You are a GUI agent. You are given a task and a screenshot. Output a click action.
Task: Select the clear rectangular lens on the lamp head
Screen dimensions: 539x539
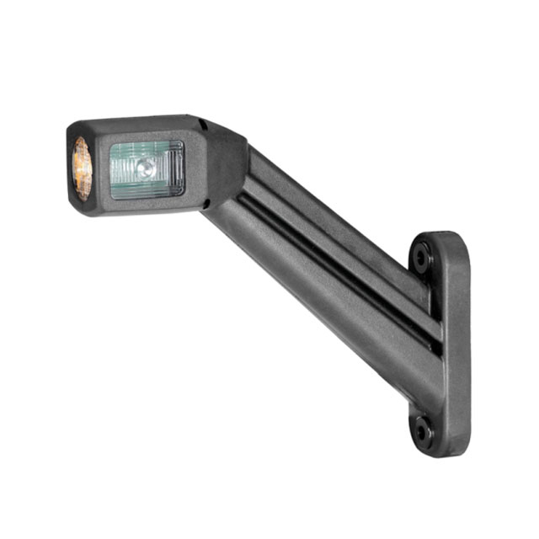[147, 169]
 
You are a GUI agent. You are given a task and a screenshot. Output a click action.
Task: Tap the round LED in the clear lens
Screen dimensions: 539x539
[147, 168]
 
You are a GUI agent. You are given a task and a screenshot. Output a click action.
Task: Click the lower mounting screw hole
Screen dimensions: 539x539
[422, 432]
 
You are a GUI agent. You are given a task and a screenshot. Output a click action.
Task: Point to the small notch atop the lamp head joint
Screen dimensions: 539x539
[203, 125]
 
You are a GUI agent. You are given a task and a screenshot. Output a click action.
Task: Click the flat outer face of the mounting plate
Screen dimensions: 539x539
[456, 345]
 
